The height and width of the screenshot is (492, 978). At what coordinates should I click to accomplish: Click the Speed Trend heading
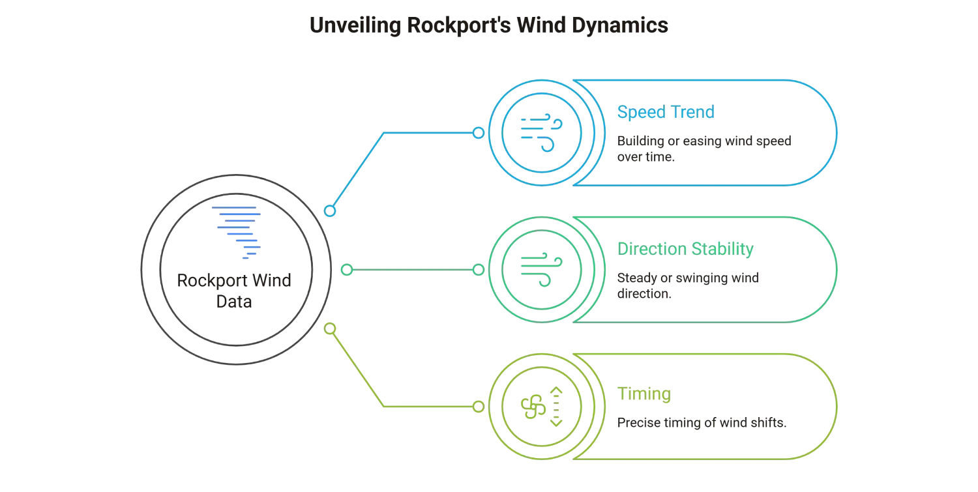(x=665, y=113)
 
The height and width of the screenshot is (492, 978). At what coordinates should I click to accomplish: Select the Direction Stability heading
(x=685, y=249)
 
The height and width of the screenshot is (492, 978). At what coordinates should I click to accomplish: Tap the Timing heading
(x=644, y=394)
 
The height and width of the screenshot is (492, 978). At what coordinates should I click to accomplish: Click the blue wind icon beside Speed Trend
(x=539, y=134)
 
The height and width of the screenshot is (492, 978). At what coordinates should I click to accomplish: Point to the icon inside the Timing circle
(x=539, y=407)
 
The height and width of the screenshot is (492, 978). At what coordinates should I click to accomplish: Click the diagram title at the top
(x=489, y=27)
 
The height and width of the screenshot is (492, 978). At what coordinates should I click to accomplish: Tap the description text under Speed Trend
(x=704, y=147)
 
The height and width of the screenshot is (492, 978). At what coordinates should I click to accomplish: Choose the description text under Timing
(x=701, y=422)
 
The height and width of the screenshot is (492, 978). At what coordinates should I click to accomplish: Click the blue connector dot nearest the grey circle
(x=331, y=211)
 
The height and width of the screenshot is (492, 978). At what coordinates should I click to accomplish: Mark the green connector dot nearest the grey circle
(x=348, y=269)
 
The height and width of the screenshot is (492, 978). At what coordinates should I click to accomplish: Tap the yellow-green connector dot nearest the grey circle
(x=331, y=329)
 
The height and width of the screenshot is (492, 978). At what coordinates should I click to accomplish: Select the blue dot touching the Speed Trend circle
(x=479, y=134)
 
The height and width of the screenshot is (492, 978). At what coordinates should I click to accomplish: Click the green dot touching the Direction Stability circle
(x=479, y=269)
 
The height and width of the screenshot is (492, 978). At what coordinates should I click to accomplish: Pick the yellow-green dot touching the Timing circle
(x=479, y=407)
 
